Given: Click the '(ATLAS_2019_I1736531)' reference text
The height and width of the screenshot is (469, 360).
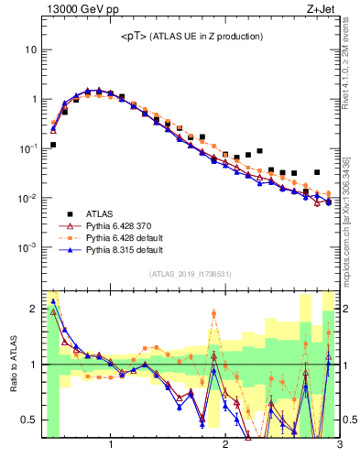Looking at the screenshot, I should [191, 275].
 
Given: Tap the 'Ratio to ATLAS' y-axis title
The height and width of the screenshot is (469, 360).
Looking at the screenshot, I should [14, 364].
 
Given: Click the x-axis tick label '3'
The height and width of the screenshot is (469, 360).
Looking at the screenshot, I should [339, 445].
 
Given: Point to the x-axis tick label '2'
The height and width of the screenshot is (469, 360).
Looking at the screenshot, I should [225, 445].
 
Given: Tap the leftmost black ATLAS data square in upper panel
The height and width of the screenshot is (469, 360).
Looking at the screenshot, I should [53, 145].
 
